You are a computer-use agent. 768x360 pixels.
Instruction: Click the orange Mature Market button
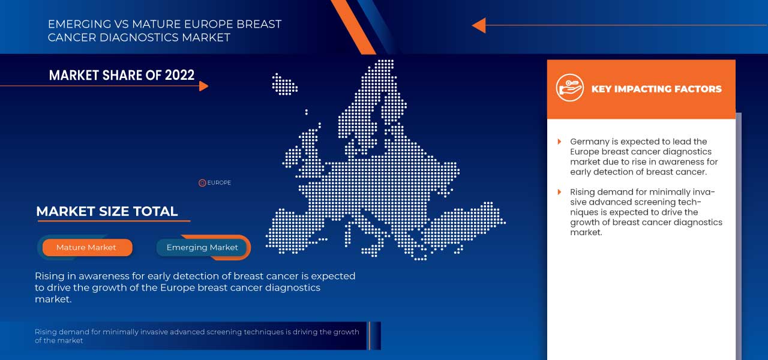86,247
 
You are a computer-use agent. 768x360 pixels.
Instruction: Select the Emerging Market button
202,247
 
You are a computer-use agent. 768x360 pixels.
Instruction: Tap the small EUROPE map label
219,183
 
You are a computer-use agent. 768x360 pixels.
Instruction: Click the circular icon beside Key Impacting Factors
569,89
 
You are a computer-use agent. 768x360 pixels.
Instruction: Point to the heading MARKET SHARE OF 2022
122,75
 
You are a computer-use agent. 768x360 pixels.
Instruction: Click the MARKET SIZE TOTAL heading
107,211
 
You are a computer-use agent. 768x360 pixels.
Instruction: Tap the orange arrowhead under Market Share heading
203,86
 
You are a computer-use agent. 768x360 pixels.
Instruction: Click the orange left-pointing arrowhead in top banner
478,25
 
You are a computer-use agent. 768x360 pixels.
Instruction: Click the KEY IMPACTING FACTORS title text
656,89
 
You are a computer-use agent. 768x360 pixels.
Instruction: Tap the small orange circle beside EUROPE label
202,183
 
